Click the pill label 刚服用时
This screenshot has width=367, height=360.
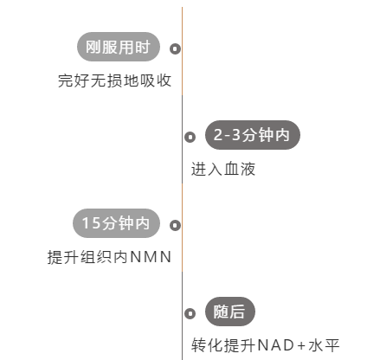(119, 47)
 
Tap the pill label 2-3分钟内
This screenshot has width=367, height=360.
(253, 135)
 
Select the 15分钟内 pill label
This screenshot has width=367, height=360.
(116, 223)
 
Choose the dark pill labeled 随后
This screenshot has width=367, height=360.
(230, 312)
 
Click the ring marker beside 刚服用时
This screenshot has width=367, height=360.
(175, 48)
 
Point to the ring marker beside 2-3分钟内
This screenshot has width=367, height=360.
(190, 137)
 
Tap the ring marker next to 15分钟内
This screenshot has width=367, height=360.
(175, 225)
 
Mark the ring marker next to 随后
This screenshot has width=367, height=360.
(190, 313)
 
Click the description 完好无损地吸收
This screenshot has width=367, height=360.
(115, 80)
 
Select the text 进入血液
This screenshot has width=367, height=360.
(223, 169)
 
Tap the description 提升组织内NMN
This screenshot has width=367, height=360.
(109, 257)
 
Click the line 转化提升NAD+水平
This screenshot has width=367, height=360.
(265, 345)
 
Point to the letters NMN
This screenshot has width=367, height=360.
(151, 257)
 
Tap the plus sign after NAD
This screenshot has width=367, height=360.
(301, 345)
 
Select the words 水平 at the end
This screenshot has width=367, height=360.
(324, 345)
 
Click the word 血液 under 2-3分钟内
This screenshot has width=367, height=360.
(240, 169)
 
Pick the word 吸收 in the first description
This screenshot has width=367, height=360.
(156, 80)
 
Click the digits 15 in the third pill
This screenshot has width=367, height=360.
(91, 223)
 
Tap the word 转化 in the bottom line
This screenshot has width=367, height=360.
(207, 345)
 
